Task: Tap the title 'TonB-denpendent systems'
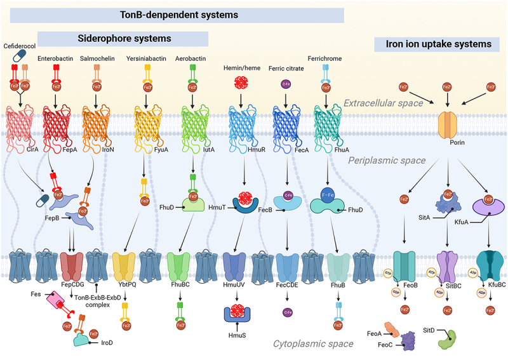pyautogui.click(x=171, y=14)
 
